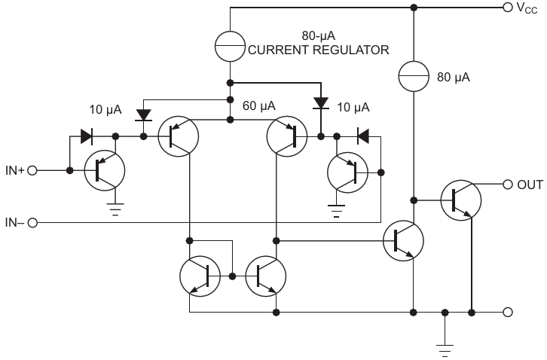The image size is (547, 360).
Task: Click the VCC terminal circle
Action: tap(508, 7)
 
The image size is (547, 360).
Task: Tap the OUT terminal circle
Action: tap(508, 185)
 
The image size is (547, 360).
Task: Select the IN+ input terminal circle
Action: tap(32, 170)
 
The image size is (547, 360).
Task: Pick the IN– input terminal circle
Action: tap(32, 223)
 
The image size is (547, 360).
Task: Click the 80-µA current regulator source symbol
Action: tap(230, 47)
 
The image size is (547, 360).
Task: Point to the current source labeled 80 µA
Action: tap(414, 76)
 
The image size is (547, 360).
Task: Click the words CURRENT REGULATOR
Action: tap(319, 50)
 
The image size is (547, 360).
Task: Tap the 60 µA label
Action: tap(259, 105)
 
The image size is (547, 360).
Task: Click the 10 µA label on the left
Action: tap(105, 109)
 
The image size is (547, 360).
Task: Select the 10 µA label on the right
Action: tap(353, 107)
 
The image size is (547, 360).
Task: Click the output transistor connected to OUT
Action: tap(461, 200)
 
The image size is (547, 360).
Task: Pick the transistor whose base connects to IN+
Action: tap(105, 170)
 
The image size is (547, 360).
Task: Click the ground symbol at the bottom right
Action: tap(445, 350)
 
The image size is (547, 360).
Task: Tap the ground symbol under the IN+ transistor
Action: tap(115, 209)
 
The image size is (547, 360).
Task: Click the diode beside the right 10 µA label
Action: tap(321, 103)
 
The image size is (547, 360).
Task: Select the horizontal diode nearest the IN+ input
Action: tap(86, 136)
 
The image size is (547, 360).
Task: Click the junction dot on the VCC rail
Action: tap(414, 7)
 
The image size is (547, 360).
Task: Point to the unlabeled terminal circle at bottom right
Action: tap(508, 312)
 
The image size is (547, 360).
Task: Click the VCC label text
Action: tap(527, 8)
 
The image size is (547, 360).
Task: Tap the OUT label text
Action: tap(530, 185)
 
